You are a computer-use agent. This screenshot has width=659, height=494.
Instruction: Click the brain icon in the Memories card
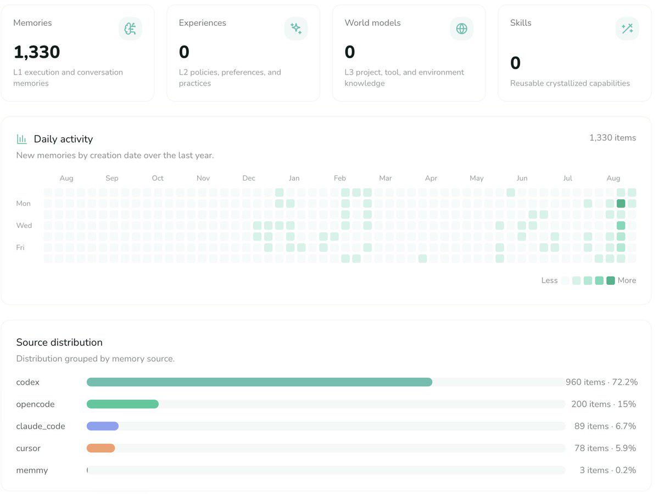pyautogui.click(x=130, y=29)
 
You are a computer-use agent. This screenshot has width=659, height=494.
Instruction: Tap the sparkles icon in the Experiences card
pyautogui.click(x=296, y=29)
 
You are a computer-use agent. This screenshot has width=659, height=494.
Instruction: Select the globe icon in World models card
pyautogui.click(x=461, y=29)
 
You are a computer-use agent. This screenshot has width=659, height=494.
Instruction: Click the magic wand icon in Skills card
pyautogui.click(x=627, y=29)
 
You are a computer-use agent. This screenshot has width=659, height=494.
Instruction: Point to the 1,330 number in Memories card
pyautogui.click(x=37, y=52)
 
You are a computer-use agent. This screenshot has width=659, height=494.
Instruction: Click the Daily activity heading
pyautogui.click(x=63, y=139)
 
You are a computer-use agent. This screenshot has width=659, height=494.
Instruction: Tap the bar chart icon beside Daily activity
pyautogui.click(x=21, y=139)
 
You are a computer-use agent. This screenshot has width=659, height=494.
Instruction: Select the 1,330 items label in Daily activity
pyautogui.click(x=612, y=138)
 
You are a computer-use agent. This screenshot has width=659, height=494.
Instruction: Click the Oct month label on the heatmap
pyautogui.click(x=158, y=178)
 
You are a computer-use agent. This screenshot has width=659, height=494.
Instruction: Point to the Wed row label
pyautogui.click(x=24, y=226)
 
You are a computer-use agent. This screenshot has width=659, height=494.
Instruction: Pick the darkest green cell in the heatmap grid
pyautogui.click(x=621, y=204)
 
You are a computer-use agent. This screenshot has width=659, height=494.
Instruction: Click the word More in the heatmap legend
pyautogui.click(x=627, y=280)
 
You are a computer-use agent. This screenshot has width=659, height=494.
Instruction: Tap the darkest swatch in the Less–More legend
pyautogui.click(x=610, y=280)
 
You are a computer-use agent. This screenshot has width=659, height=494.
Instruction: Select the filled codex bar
pyautogui.click(x=259, y=382)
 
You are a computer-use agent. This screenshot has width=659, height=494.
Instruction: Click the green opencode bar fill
pyautogui.click(x=122, y=404)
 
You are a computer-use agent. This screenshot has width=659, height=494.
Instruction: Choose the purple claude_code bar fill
pyautogui.click(x=103, y=426)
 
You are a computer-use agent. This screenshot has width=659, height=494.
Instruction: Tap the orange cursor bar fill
pyautogui.click(x=101, y=448)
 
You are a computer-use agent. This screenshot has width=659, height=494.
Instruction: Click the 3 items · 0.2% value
pyautogui.click(x=608, y=470)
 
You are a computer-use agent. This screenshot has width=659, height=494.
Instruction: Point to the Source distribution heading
pyautogui.click(x=59, y=342)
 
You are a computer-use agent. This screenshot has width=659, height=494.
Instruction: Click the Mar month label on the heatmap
pyautogui.click(x=386, y=178)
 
